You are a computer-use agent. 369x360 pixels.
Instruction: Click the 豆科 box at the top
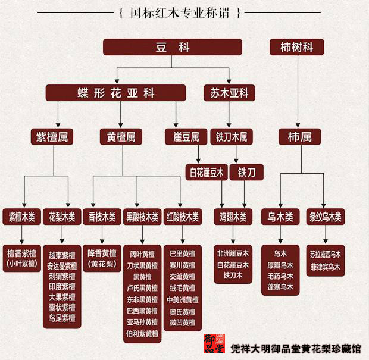[173, 48]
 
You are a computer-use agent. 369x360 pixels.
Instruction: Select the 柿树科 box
[296, 48]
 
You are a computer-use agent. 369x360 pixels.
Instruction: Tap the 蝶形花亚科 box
[116, 93]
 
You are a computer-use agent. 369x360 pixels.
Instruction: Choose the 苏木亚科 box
[229, 93]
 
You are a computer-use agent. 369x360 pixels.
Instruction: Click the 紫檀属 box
[53, 137]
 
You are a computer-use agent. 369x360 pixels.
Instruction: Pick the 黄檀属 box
[121, 137]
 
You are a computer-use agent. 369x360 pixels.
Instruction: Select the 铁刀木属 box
[231, 137]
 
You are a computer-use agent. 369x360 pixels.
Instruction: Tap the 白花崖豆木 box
[206, 173]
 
